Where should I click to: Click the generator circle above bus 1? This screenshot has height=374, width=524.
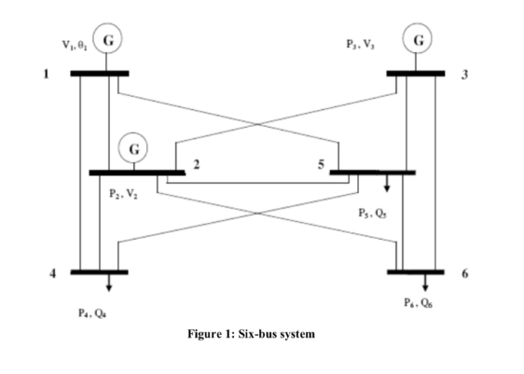tap(108, 41)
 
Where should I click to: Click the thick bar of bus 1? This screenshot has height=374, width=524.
tap(100, 72)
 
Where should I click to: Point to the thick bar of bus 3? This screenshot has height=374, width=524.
tap(416, 72)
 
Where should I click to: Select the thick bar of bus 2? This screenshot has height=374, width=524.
tap(137, 172)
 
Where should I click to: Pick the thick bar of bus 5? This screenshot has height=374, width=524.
tap(372, 172)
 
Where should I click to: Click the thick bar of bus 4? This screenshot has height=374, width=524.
tap(100, 271)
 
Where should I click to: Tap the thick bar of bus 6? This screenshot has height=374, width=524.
tap(416, 271)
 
